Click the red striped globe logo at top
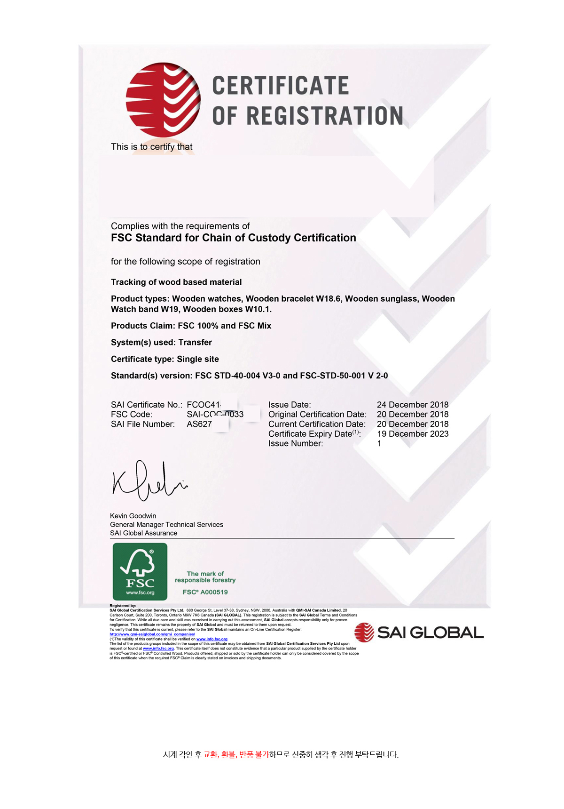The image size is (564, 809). [163, 100]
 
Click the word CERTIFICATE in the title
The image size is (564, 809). [281, 86]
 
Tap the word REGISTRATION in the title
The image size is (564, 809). [325, 116]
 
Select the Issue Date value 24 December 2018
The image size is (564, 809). [412, 405]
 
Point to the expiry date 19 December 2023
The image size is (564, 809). [412, 434]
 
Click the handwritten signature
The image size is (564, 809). [148, 481]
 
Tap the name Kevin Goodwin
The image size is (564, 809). [133, 516]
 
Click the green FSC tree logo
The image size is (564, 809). [140, 571]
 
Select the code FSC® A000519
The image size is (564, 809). [205, 592]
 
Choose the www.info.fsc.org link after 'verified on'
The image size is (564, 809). [212, 639]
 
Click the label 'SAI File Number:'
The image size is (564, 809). [143, 424]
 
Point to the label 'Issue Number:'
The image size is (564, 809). [296, 443]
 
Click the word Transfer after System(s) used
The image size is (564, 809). [195, 342]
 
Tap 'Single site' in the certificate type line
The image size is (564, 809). [198, 359]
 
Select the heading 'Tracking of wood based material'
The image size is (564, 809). [176, 282]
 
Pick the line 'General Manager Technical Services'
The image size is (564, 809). [166, 524]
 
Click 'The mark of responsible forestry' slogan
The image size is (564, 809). [205, 577]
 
